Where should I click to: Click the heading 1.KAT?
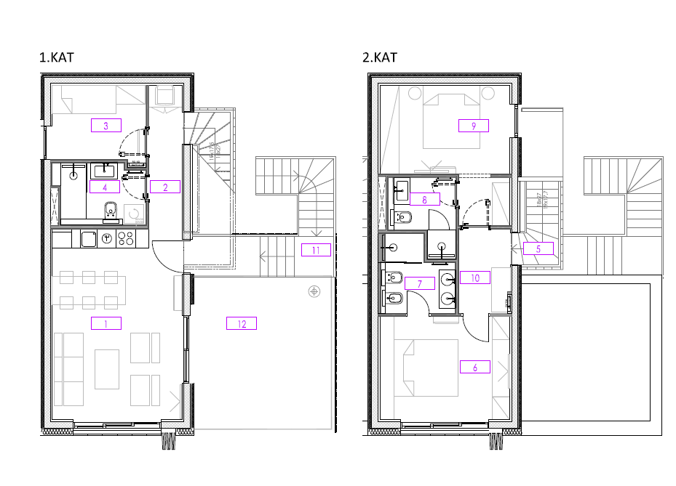(57, 57)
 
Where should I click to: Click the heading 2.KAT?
(381, 57)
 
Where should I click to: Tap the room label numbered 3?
(106, 126)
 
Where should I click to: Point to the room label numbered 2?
(165, 187)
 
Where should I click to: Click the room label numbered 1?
(106, 323)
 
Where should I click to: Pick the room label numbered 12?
(242, 323)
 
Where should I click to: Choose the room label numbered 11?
(316, 250)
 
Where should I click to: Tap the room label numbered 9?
(474, 126)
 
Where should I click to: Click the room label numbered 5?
(538, 248)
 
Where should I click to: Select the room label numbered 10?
(474, 278)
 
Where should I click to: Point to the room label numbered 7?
(419, 283)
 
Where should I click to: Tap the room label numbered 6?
(474, 367)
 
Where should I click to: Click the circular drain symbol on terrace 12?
(314, 291)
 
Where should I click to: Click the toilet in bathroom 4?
(111, 211)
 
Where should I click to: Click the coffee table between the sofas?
(106, 368)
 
